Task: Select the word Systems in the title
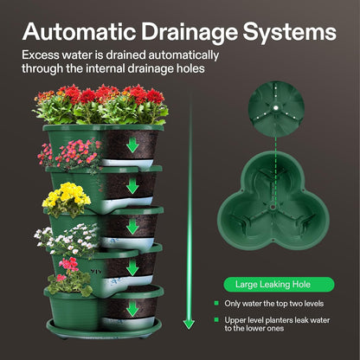290,33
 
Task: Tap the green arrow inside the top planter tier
132,143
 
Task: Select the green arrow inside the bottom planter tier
132,307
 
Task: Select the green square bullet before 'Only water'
215,303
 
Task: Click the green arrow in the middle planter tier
132,226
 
